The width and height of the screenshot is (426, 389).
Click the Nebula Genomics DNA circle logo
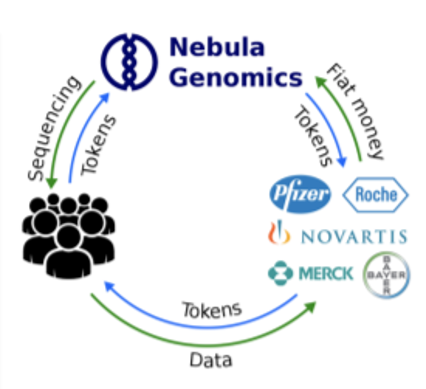tap(129, 62)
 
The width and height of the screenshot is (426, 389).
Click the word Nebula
tap(217, 47)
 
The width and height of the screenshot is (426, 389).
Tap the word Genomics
tap(236, 77)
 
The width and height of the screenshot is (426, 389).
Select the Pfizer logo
tap(300, 194)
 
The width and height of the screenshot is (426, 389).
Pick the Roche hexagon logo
tap(376, 195)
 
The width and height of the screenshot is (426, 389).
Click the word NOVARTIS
tap(354, 236)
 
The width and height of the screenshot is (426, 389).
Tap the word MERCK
tap(325, 273)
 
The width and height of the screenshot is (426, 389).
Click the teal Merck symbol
tap(280, 273)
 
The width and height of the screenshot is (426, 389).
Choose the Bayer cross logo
tap(386, 275)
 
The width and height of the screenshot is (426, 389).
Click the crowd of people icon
tap(68, 236)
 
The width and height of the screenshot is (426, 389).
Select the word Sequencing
tap(54, 129)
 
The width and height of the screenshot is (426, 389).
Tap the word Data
tap(211, 360)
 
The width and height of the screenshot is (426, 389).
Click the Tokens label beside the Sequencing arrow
tap(98, 145)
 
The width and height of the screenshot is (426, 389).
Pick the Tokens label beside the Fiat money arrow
tap(313, 136)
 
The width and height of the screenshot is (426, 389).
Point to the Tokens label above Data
tap(212, 309)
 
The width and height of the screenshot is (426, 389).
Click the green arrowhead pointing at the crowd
tap(51, 183)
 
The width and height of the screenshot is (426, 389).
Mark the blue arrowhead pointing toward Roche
tap(342, 162)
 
